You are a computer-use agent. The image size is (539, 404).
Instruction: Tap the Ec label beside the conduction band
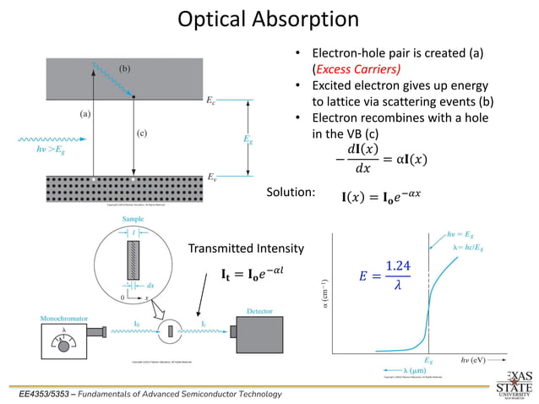click(211, 101)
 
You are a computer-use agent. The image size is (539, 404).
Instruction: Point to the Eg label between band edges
click(247, 139)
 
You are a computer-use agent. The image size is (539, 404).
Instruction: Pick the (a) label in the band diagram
click(85, 112)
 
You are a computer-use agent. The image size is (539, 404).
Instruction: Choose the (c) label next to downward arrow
click(142, 133)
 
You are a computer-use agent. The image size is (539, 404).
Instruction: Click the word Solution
click(291, 193)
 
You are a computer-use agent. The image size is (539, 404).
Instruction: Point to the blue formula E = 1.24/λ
click(385, 275)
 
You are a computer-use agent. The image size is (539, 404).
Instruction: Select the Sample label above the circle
click(133, 219)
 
